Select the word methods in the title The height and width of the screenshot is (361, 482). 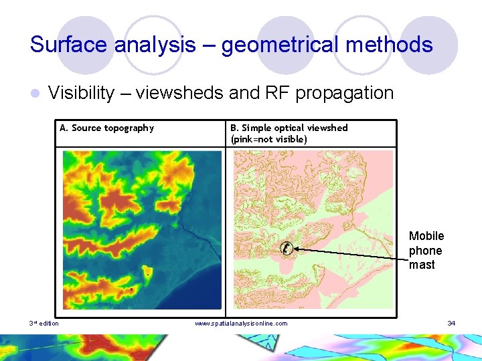pos(396,45)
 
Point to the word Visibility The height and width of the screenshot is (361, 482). pos(81,93)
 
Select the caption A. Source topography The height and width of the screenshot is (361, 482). pos(106,128)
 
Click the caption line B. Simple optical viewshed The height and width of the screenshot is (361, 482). pos(289,128)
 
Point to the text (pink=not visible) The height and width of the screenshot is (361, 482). pos(268,139)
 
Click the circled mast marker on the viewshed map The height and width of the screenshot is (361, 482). pos(286,248)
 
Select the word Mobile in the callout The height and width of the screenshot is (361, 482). pos(426,236)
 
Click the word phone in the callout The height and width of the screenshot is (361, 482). pos(426,251)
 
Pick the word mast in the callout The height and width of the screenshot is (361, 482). pos(422,265)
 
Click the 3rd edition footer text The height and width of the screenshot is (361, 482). pos(44,324)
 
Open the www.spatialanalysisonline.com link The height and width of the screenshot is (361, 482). pos(241,324)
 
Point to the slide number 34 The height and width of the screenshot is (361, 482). pos(451,324)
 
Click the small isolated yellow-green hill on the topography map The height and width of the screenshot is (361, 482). pos(148,274)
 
